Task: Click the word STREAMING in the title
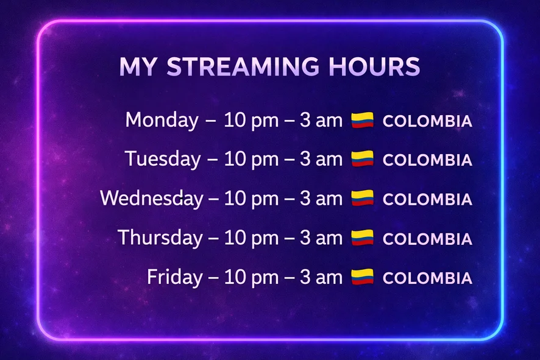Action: pos(243,66)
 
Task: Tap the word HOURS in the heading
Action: pos(374,66)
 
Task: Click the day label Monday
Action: pos(162,121)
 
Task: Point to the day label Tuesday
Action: pos(163,159)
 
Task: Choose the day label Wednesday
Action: pos(152,199)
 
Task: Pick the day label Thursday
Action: pos(160,238)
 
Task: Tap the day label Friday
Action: pos(175,277)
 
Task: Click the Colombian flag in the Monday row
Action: pos(362,120)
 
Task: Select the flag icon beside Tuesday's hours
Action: pos(362,158)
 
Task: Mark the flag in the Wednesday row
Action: pos(362,198)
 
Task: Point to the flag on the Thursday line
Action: pos(362,238)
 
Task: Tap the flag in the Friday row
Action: pos(362,277)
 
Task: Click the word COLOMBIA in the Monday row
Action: pos(427,121)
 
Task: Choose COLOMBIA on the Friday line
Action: pos(427,278)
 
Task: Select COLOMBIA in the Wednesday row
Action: pos(427,199)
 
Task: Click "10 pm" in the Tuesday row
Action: pos(251,160)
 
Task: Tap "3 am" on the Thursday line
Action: pos(321,238)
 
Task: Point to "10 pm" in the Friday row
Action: pos(251,278)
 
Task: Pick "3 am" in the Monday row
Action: pos(321,121)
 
